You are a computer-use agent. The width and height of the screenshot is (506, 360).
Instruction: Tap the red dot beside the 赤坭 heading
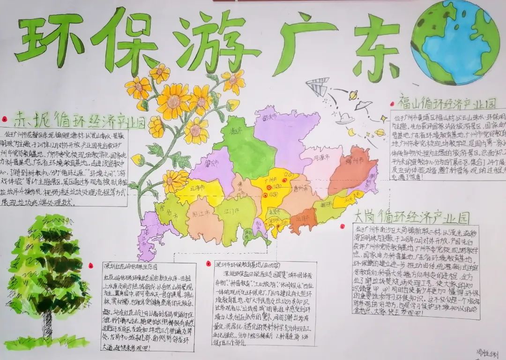click(x=5, y=119)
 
